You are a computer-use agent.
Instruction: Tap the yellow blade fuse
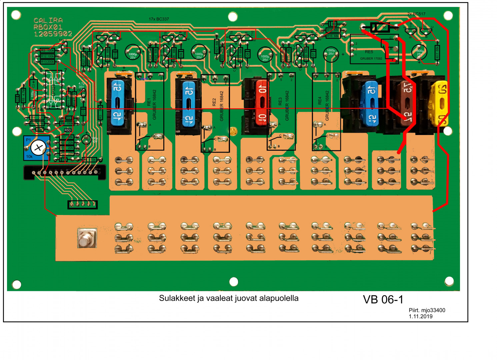439,103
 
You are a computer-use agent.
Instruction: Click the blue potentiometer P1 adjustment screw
38,147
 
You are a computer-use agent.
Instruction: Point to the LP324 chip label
54,91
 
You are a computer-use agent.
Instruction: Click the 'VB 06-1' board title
383,300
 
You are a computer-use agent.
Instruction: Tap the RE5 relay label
369,52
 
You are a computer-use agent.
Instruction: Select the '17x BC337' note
159,19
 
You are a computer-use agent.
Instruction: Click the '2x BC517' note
416,14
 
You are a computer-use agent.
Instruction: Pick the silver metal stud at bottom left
87,238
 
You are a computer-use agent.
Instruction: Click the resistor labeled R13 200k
47,62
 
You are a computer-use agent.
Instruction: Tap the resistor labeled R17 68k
437,53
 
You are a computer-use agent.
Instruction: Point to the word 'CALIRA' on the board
48,20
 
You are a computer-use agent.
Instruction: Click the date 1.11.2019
420,316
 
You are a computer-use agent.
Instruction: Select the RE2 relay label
214,102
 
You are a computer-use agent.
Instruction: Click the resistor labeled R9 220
37,118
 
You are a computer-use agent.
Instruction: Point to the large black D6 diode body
380,27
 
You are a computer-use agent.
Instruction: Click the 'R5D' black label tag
68,130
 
